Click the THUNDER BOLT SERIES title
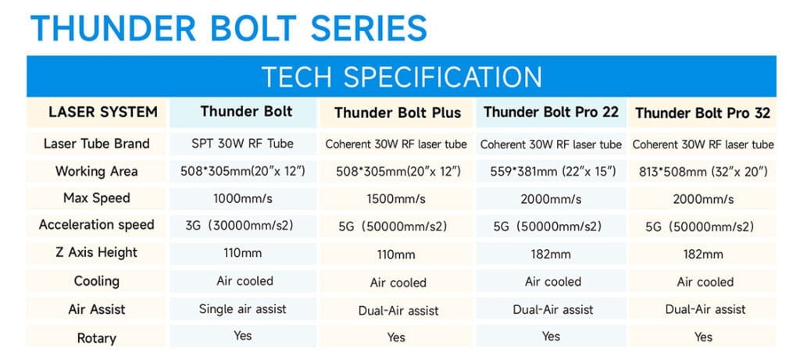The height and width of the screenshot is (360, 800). pyautogui.click(x=228, y=28)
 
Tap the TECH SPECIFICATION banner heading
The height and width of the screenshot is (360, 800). pyautogui.click(x=401, y=77)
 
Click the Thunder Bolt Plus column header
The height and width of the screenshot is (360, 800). pyautogui.click(x=398, y=113)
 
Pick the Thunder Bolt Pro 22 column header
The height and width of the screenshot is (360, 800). pyautogui.click(x=551, y=112)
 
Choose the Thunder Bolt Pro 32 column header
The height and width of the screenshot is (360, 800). pyautogui.click(x=703, y=113)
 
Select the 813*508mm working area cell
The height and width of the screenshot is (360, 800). pyautogui.click(x=703, y=172)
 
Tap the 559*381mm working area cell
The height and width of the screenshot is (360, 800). pyautogui.click(x=551, y=172)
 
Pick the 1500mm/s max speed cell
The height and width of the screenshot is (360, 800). pyautogui.click(x=398, y=199)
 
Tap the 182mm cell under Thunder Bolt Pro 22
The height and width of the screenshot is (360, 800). pyautogui.click(x=551, y=254)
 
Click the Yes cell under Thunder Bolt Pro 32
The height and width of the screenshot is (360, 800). pyautogui.click(x=703, y=337)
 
